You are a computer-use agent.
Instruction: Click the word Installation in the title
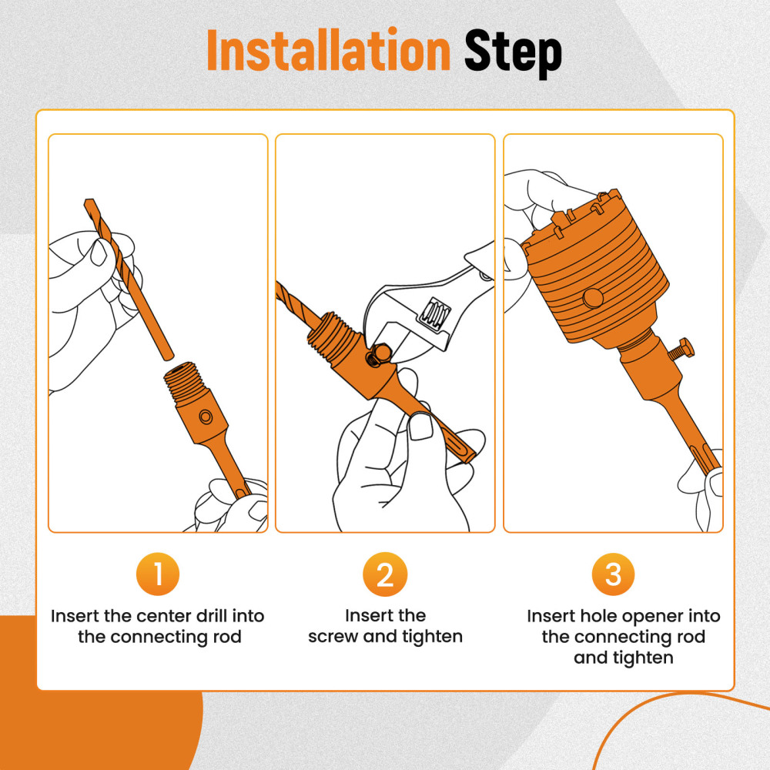coord(328,52)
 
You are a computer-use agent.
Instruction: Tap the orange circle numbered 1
coord(157,575)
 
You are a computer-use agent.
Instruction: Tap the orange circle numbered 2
coord(384,575)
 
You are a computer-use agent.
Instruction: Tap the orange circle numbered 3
coord(613,575)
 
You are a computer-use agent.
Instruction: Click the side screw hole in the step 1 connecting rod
coord(205,416)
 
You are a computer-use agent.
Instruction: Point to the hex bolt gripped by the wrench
coord(377,352)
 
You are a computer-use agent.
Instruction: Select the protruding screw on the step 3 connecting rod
coord(681,351)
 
